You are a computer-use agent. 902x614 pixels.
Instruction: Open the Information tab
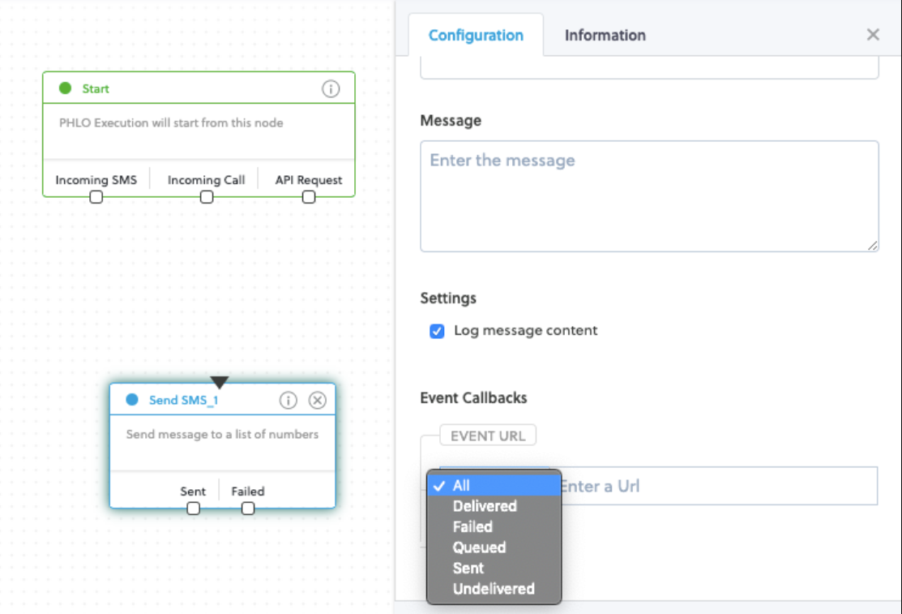(605, 35)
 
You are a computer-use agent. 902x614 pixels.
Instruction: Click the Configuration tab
(476, 35)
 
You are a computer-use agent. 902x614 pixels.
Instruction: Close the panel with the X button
(873, 35)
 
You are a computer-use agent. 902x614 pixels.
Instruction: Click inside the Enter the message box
(649, 195)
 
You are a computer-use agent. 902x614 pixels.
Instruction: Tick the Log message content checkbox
(437, 331)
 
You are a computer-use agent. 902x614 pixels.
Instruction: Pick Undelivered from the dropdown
(494, 589)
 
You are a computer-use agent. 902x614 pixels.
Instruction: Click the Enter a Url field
(719, 486)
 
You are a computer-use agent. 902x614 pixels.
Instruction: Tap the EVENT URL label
(488, 436)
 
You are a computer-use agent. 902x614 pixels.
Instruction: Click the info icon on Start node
(330, 88)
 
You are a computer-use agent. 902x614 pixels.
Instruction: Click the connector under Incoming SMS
(96, 197)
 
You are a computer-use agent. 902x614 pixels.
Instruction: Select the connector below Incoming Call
(207, 197)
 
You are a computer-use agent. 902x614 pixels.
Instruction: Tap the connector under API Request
(309, 197)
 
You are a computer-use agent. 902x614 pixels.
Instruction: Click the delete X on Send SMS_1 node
(318, 401)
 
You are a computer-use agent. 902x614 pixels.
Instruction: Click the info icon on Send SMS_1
(289, 401)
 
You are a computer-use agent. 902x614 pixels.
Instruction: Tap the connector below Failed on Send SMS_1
(248, 509)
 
